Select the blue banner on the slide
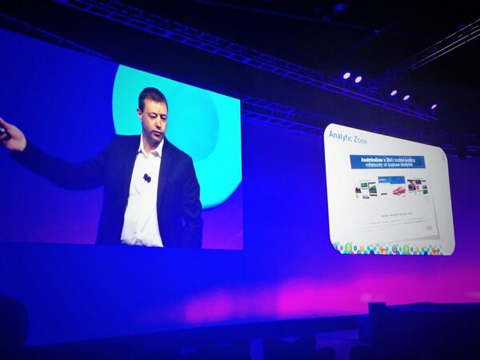pyautogui.click(x=388, y=162)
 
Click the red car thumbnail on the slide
pyautogui.click(x=398, y=190)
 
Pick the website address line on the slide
pyautogui.click(x=394, y=216)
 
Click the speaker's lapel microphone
pyautogui.click(x=147, y=178)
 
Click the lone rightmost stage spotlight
pyautogui.click(x=434, y=106)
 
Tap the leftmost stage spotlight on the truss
pyautogui.click(x=346, y=75)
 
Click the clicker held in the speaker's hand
pyautogui.click(x=3, y=130)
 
